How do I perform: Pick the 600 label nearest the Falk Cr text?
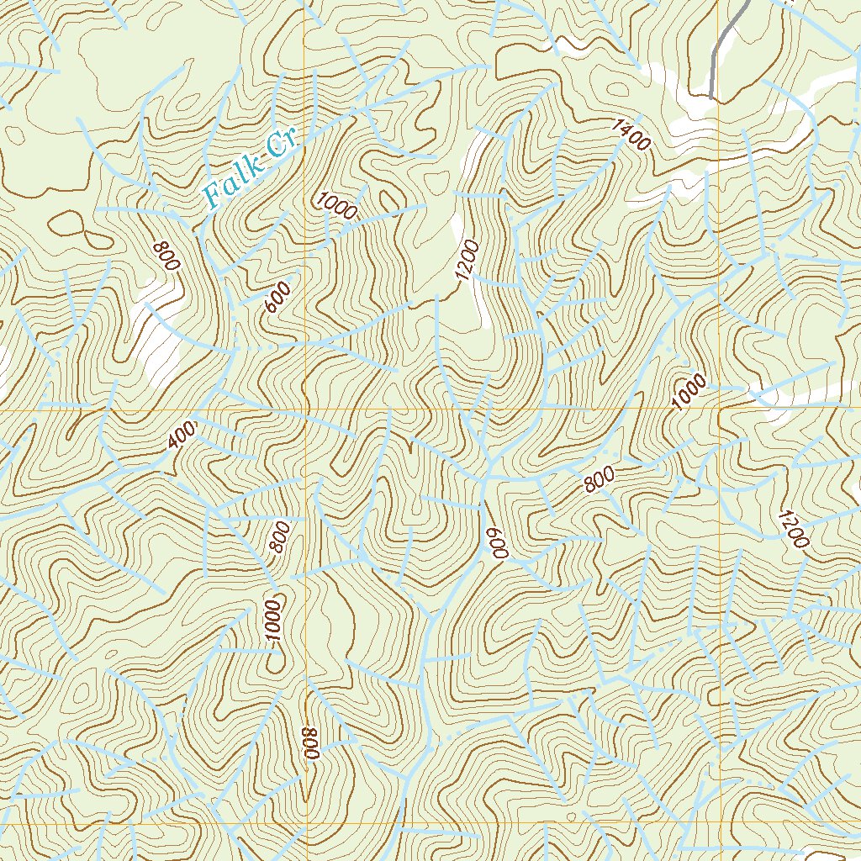click(x=277, y=298)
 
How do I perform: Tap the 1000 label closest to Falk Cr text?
click(x=337, y=206)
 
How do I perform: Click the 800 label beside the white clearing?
click(x=166, y=256)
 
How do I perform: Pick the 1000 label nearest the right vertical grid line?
click(x=689, y=393)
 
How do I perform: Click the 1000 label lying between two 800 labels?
click(x=272, y=621)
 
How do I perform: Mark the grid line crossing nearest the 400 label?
click(x=307, y=409)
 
